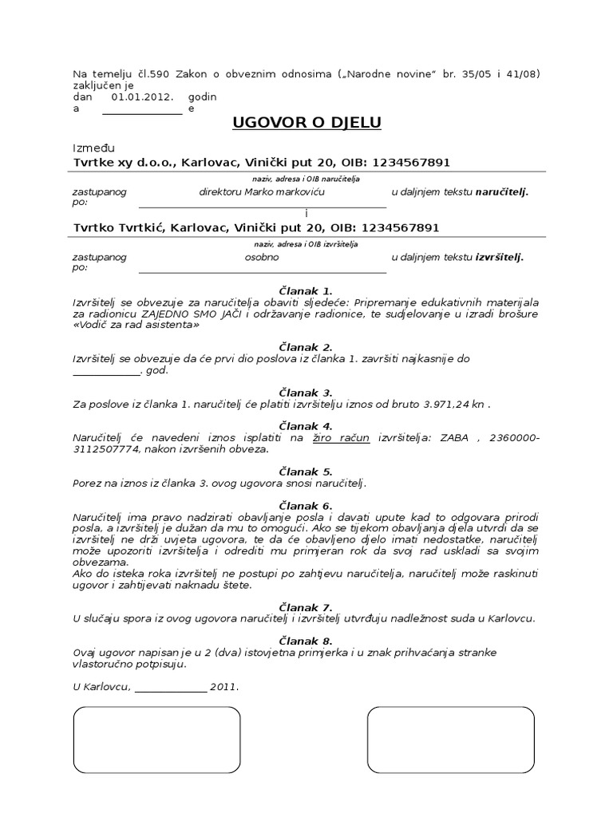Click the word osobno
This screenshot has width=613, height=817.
[x=262, y=258]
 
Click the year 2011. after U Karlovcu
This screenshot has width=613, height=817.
[x=224, y=686]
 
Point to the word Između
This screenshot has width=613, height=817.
[x=94, y=148]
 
